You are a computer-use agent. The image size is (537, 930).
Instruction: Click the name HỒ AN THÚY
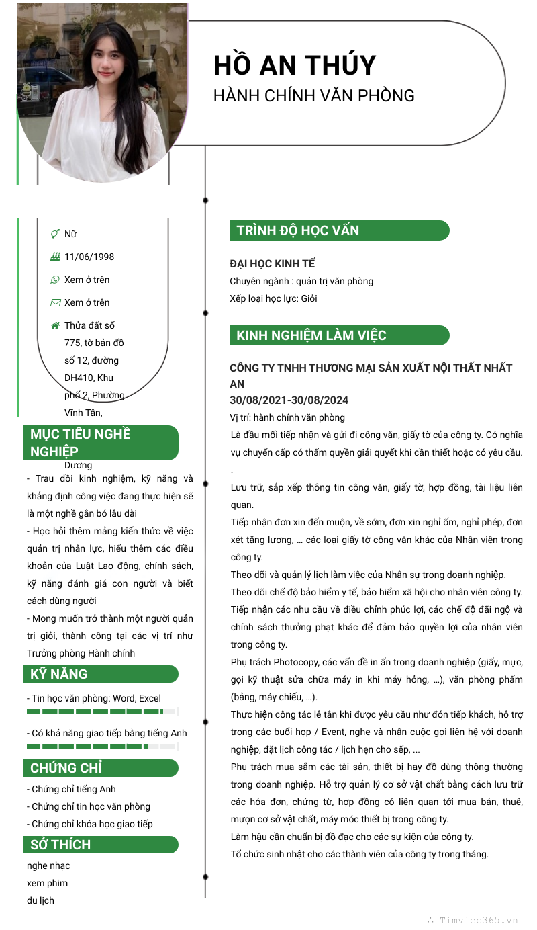click(295, 65)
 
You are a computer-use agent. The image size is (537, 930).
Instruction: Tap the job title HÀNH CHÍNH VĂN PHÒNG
click(313, 95)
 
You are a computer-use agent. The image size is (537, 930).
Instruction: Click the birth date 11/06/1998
click(89, 257)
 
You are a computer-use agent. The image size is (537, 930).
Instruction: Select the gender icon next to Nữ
click(55, 234)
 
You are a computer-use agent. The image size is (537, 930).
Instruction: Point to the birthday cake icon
click(55, 257)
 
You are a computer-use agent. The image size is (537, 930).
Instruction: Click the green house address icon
click(55, 325)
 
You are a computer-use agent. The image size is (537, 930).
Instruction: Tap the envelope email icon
click(55, 302)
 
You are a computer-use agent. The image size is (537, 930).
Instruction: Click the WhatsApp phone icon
click(55, 280)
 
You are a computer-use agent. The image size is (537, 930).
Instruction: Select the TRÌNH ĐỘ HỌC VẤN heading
click(297, 230)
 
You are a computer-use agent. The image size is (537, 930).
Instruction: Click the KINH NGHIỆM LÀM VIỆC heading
click(311, 335)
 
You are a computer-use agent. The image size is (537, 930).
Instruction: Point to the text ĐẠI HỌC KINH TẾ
click(272, 263)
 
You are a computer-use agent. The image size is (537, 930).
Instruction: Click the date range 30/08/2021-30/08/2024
click(289, 400)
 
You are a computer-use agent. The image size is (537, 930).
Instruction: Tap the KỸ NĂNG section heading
click(59, 674)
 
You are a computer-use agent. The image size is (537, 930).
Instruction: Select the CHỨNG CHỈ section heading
click(66, 768)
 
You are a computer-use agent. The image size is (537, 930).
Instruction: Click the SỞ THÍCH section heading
click(60, 845)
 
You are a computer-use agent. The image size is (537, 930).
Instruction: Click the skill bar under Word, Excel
click(101, 711)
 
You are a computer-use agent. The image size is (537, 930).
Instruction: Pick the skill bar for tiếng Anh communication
click(101, 746)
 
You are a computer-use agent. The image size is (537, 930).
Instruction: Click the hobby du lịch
click(40, 900)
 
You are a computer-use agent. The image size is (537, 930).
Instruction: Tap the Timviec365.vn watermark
click(478, 921)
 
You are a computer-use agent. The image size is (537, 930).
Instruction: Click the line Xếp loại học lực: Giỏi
click(273, 298)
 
